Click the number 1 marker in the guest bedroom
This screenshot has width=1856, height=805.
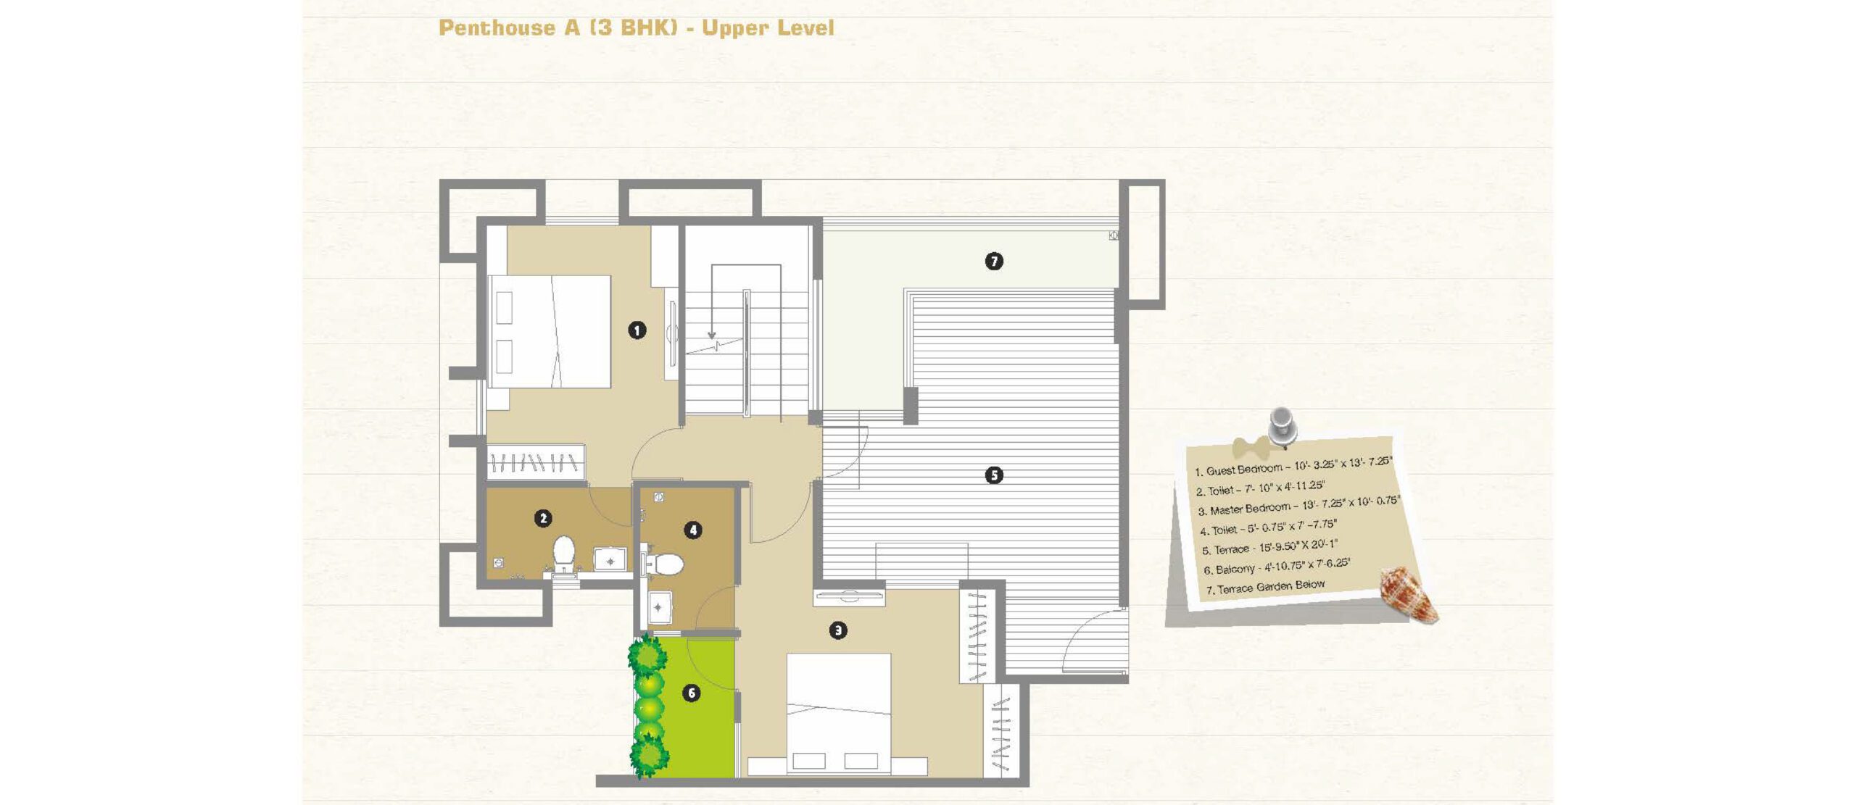click(637, 330)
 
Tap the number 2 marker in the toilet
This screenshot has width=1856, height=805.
click(543, 518)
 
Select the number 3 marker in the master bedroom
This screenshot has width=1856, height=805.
click(838, 630)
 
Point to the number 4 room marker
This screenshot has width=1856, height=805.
click(693, 530)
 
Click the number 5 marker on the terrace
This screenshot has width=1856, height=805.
click(994, 475)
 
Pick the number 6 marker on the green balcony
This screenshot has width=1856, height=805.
click(692, 693)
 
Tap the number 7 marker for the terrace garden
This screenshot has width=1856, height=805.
click(994, 261)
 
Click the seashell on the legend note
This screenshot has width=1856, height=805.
click(1408, 594)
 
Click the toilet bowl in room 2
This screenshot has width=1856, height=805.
click(563, 554)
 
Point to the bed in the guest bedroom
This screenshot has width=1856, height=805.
click(549, 331)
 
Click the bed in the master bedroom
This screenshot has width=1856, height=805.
click(839, 714)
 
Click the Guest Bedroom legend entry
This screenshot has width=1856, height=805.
click(1293, 465)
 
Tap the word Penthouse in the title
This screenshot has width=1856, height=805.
click(497, 28)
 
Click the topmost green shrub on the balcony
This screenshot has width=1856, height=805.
click(647, 654)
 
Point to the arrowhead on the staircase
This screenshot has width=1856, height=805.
click(711, 335)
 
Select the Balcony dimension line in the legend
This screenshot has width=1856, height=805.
click(1277, 566)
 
